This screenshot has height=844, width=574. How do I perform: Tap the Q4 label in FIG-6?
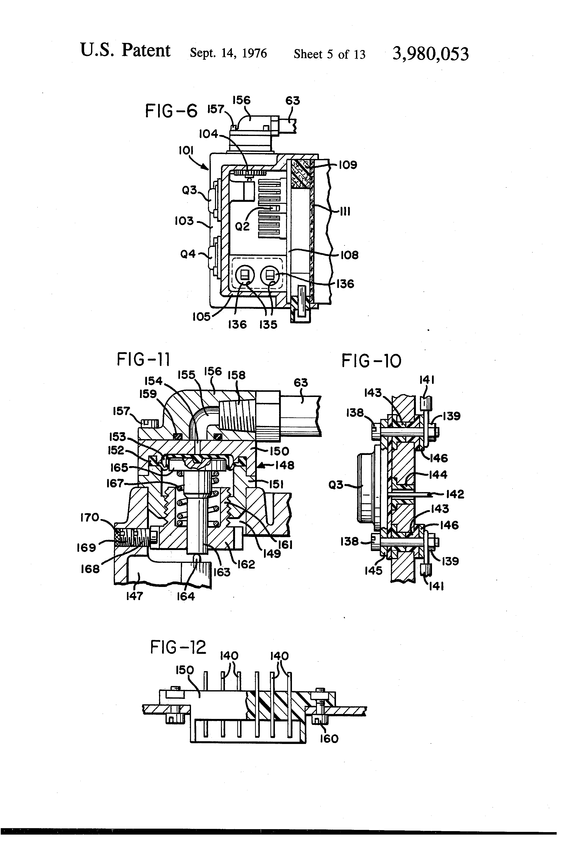188,254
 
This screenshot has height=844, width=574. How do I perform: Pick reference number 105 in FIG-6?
201,317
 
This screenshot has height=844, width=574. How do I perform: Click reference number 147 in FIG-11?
134,596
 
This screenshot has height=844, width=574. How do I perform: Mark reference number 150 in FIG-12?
185,670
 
